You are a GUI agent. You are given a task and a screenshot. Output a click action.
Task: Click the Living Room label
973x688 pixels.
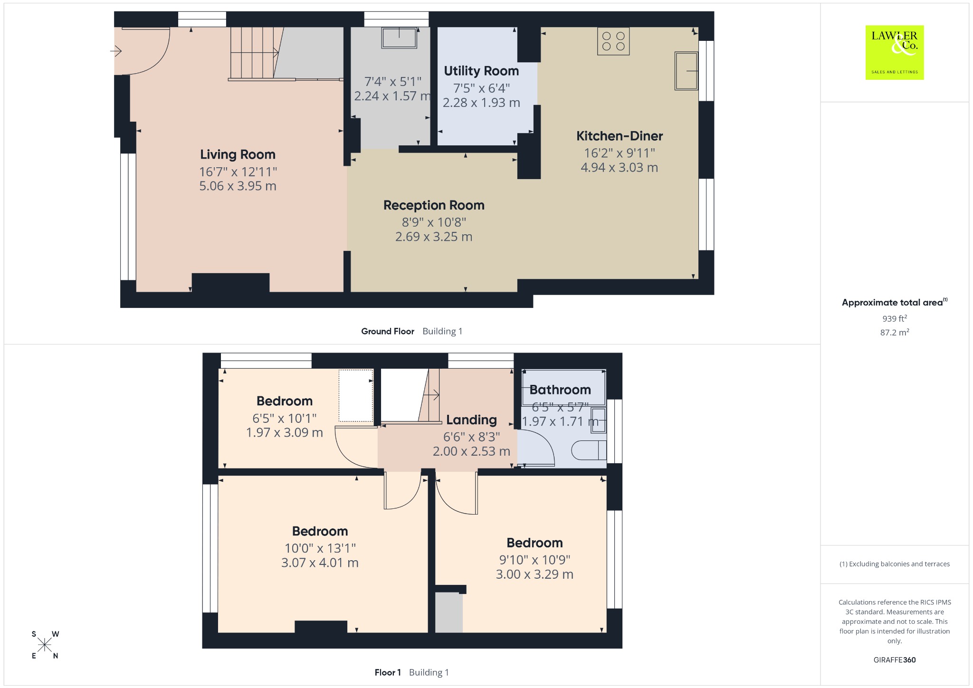[238, 154]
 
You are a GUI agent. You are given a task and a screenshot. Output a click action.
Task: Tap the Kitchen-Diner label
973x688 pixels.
[620, 136]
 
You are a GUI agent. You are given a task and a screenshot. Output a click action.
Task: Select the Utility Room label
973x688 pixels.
[481, 71]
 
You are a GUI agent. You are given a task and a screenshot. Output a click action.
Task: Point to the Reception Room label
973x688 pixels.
[434, 205]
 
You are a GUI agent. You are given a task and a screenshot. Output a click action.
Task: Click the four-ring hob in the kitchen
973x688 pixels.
[613, 41]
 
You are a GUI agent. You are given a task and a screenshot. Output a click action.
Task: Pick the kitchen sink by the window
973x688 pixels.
[687, 71]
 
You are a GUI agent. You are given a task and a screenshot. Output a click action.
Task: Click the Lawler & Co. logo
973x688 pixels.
[895, 52]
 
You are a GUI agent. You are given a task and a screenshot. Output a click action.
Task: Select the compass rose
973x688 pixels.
[45, 645]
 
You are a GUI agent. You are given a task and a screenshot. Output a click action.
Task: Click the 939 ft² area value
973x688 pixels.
[895, 318]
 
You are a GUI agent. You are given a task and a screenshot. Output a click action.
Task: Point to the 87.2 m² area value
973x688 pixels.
[895, 332]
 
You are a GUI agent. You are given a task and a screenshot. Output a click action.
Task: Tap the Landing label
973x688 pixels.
[471, 420]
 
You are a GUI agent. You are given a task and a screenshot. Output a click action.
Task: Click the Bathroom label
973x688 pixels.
[560, 390]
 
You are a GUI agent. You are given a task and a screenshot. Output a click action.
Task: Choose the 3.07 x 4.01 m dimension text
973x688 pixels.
[320, 563]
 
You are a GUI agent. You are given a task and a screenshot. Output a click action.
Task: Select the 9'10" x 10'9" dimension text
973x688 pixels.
[534, 560]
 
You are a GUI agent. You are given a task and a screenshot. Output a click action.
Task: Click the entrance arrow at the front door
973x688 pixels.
[116, 50]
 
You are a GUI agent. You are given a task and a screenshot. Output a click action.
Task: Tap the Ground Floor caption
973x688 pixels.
[388, 332]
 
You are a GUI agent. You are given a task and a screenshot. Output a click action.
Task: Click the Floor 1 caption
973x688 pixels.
[388, 673]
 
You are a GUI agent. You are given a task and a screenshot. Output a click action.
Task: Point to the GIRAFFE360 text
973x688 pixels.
[895, 660]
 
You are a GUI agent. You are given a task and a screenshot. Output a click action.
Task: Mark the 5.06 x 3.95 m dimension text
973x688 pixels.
[238, 186]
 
